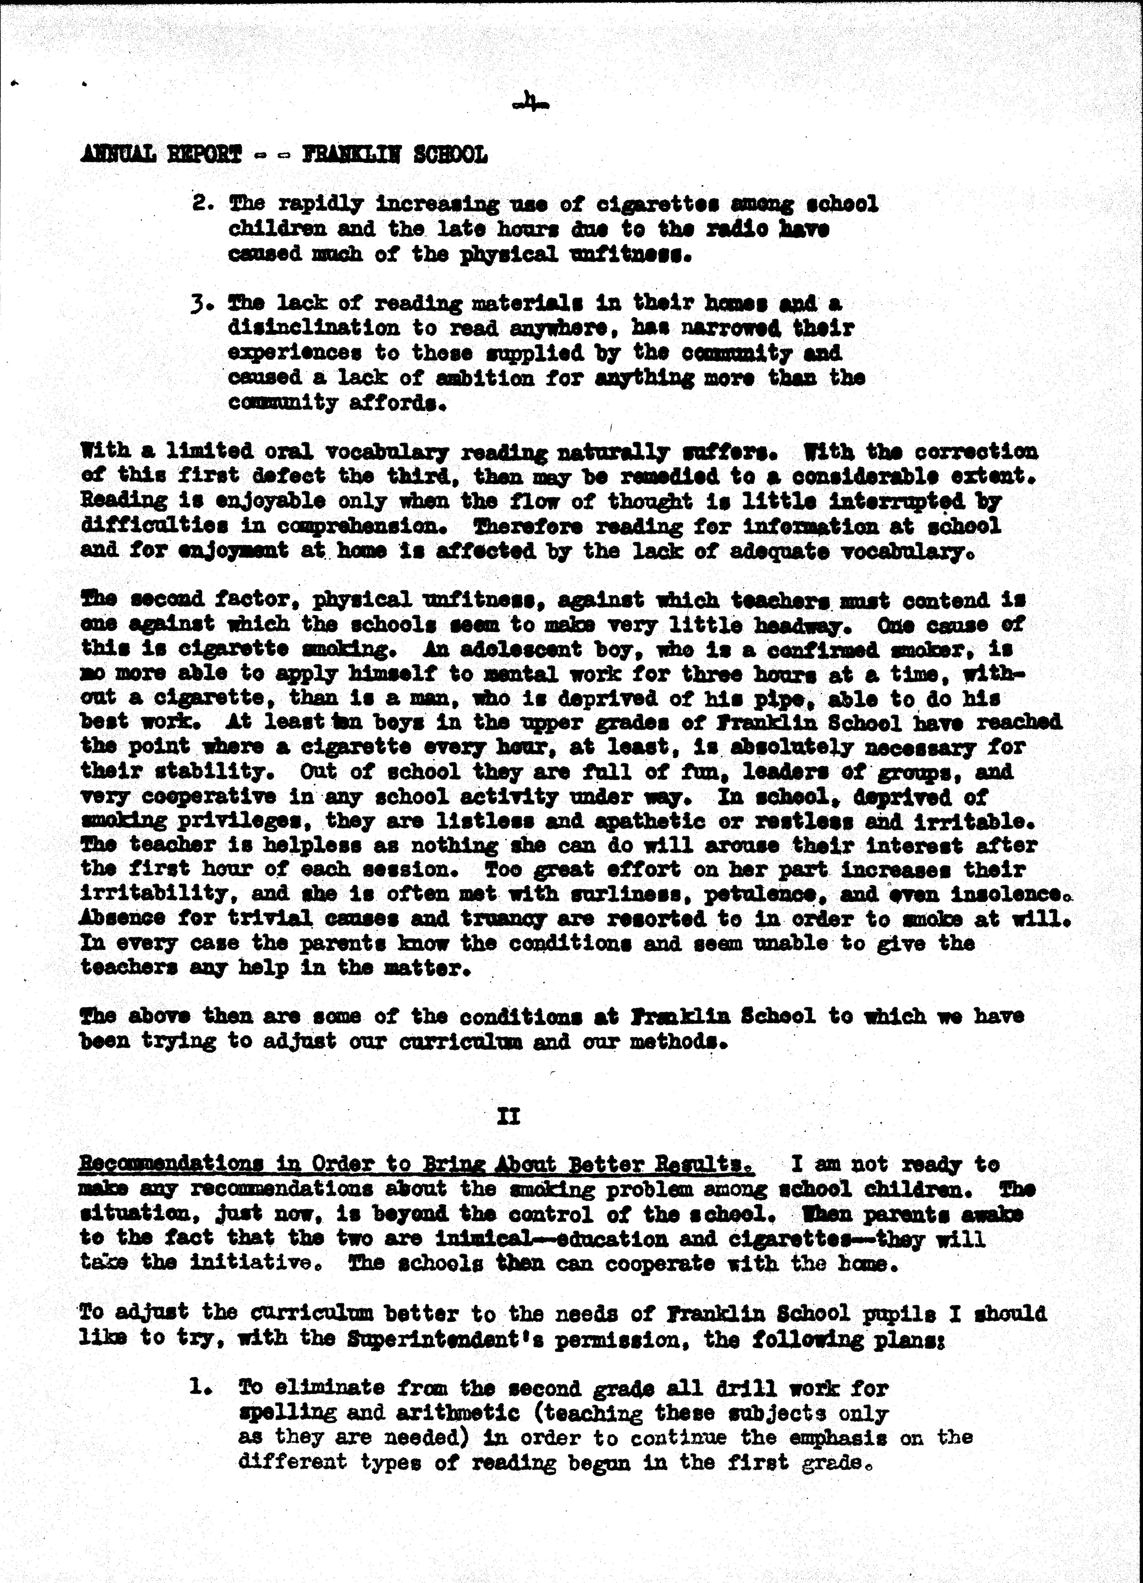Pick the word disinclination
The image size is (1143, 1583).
(x=314, y=328)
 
